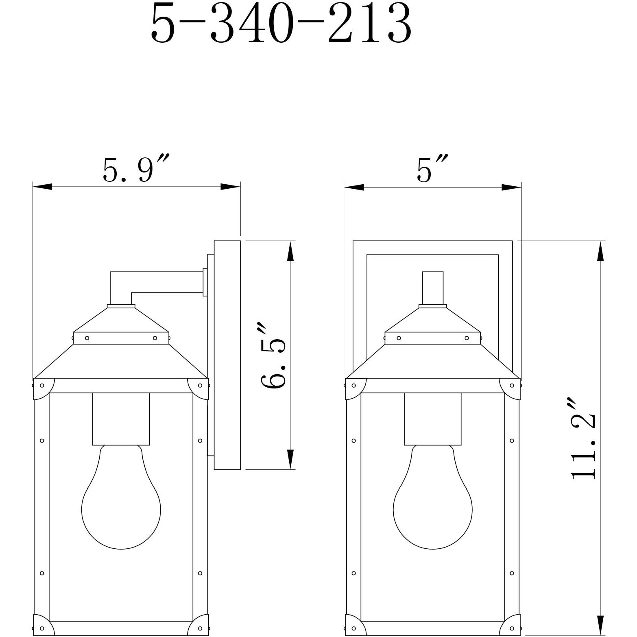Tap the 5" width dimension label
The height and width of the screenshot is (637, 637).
click(x=432, y=168)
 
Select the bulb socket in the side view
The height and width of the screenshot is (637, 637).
click(x=121, y=419)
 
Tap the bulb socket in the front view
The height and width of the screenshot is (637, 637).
click(x=433, y=419)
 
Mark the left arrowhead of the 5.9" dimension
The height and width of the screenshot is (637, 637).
click(x=42, y=187)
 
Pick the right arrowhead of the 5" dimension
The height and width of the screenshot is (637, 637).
click(x=511, y=188)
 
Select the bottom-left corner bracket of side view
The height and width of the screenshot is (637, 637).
click(x=41, y=625)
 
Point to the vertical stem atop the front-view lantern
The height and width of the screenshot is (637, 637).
click(x=433, y=288)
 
